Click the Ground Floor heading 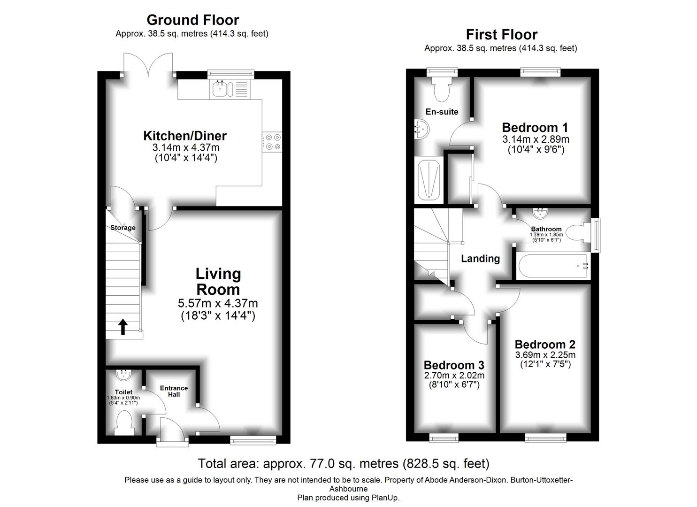click(192, 20)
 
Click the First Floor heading click(501, 34)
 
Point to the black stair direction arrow click(123, 326)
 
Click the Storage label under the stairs click(123, 228)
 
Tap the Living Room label click(218, 281)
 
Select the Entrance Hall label click(174, 391)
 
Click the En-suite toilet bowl click(442, 89)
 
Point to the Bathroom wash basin click(540, 215)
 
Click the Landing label click(480, 258)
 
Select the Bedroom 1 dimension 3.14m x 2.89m click(536, 139)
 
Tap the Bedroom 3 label click(454, 365)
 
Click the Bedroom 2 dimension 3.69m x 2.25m click(545, 355)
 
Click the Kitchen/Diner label click(185, 136)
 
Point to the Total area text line click(344, 464)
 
